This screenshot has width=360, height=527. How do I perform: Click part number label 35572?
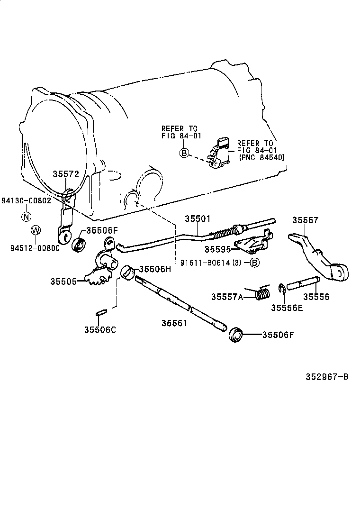point(65,174)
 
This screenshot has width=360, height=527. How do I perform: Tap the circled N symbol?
point(27,216)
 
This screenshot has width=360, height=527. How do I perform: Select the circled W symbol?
point(35,230)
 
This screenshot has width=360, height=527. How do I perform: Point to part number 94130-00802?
point(26,200)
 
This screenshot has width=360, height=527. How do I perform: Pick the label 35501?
point(197,218)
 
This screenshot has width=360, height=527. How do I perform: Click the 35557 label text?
point(305,220)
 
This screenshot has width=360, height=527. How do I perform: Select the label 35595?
point(218,249)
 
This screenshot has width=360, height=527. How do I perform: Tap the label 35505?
point(64,281)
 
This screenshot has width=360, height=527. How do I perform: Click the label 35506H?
point(154,269)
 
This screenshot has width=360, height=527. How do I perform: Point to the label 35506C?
point(100,329)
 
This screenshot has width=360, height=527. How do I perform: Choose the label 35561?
point(174,323)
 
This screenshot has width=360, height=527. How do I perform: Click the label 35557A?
point(227,297)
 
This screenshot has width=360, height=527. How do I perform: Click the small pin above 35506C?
point(100,312)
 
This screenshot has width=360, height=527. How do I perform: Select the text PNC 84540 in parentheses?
point(261,157)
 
